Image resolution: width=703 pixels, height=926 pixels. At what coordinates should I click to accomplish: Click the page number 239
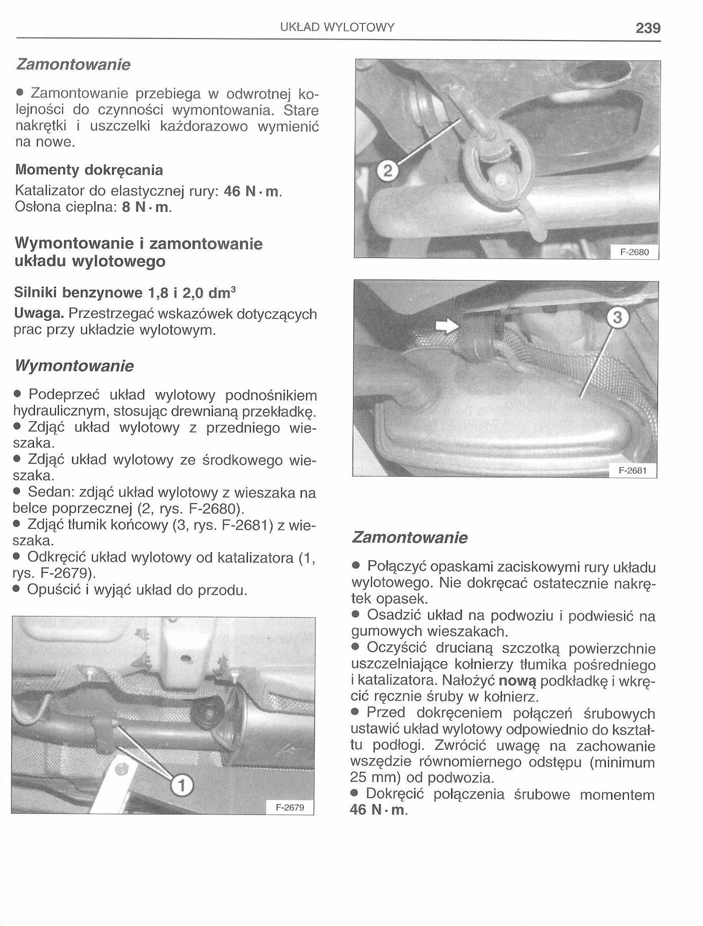coord(648,28)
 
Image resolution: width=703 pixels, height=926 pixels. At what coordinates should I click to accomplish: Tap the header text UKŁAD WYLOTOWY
coord(337,27)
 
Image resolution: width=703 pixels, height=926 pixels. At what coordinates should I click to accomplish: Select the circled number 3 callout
coord(617,318)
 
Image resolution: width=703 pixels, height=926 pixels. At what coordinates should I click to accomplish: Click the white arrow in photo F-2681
coord(447,326)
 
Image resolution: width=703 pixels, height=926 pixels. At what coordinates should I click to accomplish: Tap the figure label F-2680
coord(634,252)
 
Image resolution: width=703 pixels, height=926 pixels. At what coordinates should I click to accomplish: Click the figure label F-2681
coord(632,470)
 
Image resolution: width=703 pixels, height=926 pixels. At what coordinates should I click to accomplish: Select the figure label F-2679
coord(290,807)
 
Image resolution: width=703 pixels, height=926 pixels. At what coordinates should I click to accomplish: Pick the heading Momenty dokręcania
coord(89,170)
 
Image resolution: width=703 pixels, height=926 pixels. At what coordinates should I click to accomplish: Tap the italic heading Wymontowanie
coord(74,366)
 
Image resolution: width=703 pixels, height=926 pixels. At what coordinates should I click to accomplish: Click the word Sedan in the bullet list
coord(49,492)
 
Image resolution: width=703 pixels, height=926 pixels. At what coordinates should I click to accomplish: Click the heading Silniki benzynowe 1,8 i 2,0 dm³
coord(125,292)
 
